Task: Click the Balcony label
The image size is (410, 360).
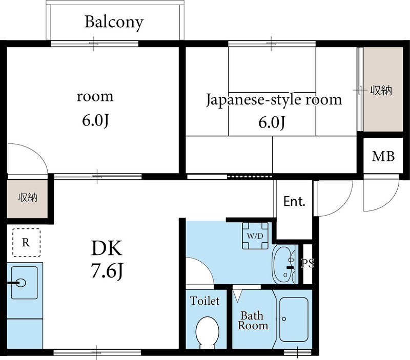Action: coord(114,22)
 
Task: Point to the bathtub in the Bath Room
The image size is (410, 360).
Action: coord(294,319)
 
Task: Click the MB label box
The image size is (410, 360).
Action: coord(383,157)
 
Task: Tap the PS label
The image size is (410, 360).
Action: coord(307,265)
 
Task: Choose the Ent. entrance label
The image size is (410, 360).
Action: coord(294,201)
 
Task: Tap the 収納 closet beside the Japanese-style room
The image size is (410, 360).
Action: coord(381,91)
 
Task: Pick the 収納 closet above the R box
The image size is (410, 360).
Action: coord(27,198)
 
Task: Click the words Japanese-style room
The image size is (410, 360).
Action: coord(274,99)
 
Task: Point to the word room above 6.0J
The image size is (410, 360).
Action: coord(95,96)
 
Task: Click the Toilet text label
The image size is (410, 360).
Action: coord(205,301)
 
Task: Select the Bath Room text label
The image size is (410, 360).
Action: coord(253,321)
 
